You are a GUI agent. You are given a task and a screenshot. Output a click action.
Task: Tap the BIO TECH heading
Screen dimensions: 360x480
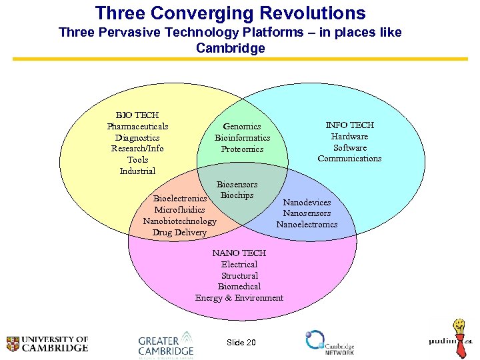[x=137, y=115]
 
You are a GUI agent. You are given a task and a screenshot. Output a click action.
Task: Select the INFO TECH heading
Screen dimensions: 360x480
[x=349, y=125]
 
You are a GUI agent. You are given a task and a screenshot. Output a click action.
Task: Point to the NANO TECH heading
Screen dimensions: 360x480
[x=239, y=253]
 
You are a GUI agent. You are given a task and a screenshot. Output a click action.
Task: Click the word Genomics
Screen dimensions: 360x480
[x=242, y=127]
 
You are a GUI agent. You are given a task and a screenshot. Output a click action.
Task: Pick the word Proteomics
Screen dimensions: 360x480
[x=242, y=149]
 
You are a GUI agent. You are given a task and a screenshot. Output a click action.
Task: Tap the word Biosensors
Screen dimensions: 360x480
[x=237, y=185]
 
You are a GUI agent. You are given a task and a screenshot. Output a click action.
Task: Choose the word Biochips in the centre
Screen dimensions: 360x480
[x=237, y=195]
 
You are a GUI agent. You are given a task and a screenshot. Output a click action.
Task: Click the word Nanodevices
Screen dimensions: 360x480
[x=307, y=202]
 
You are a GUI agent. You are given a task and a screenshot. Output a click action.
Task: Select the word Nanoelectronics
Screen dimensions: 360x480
[x=307, y=225]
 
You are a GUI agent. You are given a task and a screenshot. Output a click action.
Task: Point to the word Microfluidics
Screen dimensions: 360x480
[x=179, y=210]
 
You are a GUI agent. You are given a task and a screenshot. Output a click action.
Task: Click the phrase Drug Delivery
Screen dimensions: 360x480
[x=179, y=233]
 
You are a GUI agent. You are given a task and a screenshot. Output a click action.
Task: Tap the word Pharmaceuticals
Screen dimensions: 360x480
[x=137, y=127]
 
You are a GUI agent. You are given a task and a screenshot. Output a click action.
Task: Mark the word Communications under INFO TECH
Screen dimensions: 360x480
[x=349, y=159]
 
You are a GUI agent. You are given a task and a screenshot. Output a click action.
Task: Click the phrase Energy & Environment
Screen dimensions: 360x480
[x=239, y=298]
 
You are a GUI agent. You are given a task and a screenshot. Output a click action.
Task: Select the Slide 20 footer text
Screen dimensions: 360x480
[x=241, y=342]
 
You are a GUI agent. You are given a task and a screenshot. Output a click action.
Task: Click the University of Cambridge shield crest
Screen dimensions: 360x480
[x=13, y=343]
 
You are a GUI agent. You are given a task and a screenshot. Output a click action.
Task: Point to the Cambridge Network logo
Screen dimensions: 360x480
[x=329, y=341]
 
